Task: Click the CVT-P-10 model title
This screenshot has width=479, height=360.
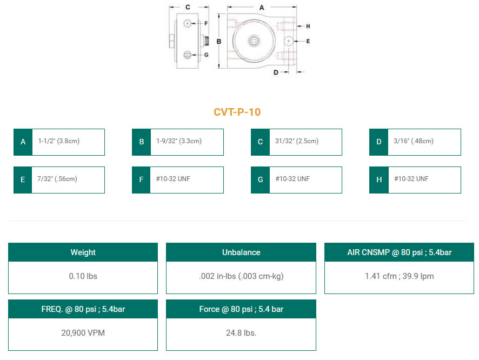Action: click(237, 112)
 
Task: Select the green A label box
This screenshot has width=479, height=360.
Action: click(23, 142)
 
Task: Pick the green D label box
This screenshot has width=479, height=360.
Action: click(379, 142)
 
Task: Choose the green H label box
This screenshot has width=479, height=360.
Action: click(379, 180)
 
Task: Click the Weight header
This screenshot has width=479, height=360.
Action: click(83, 252)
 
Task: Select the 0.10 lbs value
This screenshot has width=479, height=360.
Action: click(83, 276)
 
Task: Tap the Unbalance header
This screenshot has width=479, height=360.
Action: click(241, 252)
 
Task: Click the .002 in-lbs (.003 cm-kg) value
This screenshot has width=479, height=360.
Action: click(241, 276)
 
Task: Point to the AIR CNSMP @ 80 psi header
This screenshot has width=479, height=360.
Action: click(399, 252)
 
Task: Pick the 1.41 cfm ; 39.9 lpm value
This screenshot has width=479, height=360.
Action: click(399, 276)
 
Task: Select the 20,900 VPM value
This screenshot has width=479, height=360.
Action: click(83, 333)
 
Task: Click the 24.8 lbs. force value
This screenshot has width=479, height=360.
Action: click(241, 333)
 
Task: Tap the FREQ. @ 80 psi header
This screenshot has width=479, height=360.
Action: click(83, 309)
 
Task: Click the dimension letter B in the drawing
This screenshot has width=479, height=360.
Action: click(218, 41)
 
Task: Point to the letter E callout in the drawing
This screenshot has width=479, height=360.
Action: click(308, 41)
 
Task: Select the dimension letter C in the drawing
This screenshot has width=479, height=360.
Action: click(188, 8)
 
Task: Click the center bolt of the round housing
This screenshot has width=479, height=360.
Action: click(254, 41)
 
